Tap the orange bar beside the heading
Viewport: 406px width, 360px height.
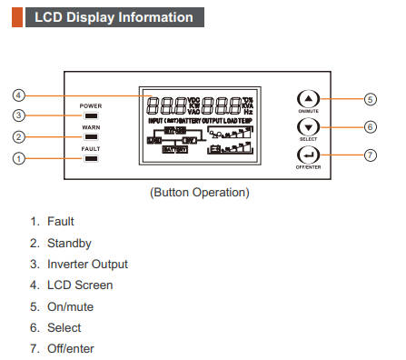coord(16,17)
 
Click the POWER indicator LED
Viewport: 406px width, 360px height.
coord(90,116)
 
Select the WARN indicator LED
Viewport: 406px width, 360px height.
coord(90,138)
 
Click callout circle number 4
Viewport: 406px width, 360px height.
coord(18,95)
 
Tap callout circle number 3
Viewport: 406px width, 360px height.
coord(18,115)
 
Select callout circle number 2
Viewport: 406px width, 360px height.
coord(18,137)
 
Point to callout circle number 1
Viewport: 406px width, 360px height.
coord(18,159)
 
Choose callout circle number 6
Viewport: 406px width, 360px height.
coord(369,127)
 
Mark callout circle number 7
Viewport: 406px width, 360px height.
coord(369,155)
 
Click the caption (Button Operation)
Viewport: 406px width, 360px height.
coord(199,193)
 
